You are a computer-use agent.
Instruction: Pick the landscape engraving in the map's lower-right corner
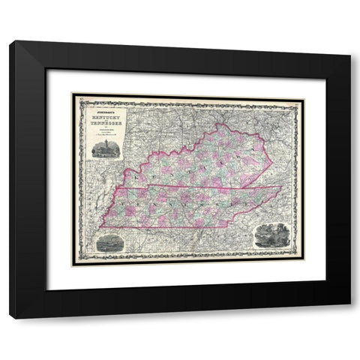(x=270, y=235)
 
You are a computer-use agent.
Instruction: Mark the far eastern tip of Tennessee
(x=283, y=187)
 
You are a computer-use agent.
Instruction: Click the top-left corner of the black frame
(x=10, y=41)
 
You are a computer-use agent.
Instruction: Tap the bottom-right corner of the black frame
(x=350, y=317)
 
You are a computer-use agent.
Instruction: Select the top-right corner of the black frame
(x=350, y=41)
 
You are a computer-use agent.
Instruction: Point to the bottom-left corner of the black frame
(x=10, y=317)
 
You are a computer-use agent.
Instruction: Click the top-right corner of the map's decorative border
(x=298, y=94)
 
